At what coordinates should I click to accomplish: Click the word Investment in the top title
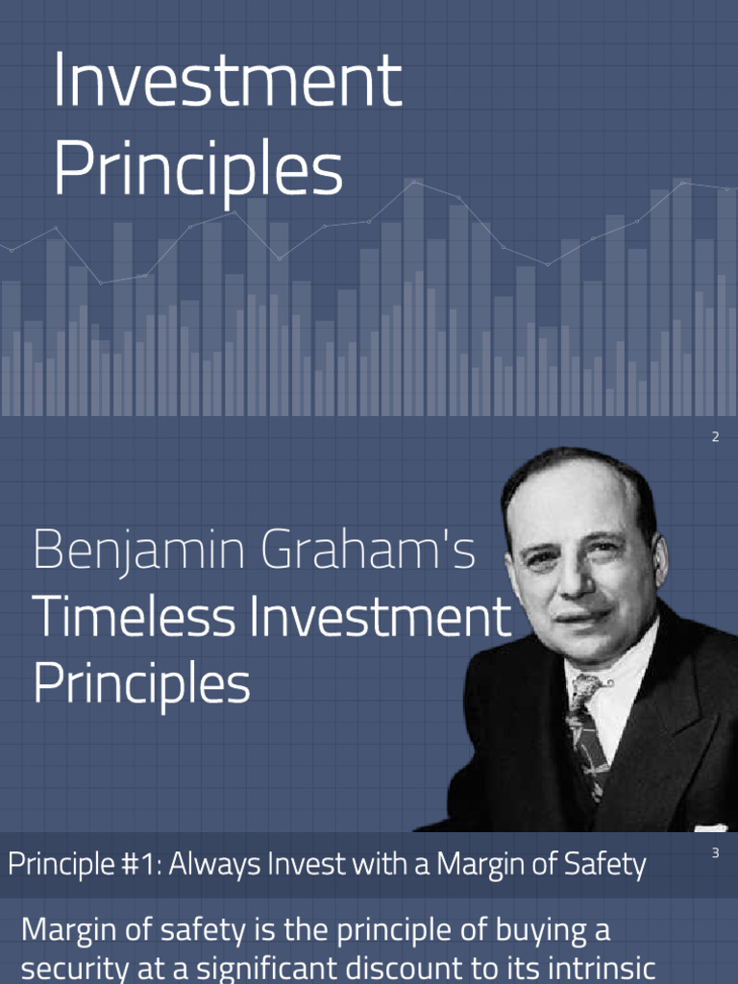[227, 82]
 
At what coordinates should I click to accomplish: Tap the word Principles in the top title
[197, 170]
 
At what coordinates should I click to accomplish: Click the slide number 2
[715, 438]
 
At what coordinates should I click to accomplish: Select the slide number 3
[715, 852]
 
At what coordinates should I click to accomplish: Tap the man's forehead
[567, 500]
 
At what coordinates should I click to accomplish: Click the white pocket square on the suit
[711, 826]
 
